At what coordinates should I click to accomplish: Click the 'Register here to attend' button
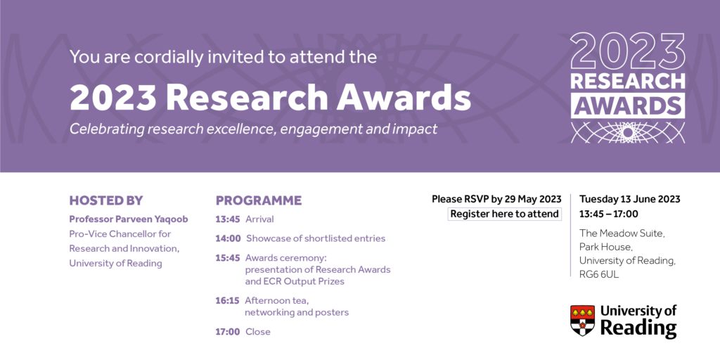[505, 214]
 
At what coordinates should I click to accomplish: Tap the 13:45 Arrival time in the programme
[228, 219]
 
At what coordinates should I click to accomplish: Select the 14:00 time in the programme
[228, 238]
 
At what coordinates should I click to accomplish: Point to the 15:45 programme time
[228, 257]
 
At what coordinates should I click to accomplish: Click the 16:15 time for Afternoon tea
[228, 300]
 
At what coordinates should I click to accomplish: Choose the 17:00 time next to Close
[228, 332]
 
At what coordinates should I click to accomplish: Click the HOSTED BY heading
[105, 200]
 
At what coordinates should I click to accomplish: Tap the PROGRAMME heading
[259, 200]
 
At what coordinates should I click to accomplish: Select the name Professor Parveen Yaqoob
[127, 219]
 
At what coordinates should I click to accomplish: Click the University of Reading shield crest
[582, 320]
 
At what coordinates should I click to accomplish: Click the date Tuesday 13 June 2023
[629, 199]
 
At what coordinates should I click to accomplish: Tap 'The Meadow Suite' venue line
[622, 233]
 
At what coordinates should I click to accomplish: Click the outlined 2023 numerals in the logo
[627, 51]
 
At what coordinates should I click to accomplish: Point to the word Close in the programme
[258, 332]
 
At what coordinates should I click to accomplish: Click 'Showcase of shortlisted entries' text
[316, 238]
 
